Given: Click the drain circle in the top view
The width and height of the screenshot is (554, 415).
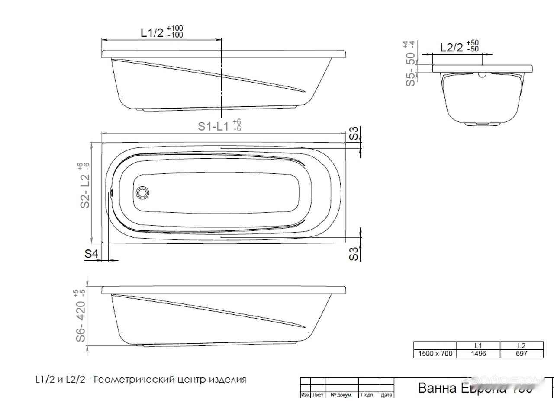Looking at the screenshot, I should [142, 193].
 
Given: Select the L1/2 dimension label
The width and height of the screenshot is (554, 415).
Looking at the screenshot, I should [152, 33].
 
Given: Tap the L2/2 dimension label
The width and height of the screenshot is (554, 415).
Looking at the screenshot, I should [451, 47].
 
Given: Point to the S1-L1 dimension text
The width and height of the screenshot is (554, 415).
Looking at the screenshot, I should [213, 126].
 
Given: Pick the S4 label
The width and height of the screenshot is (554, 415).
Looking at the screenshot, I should [92, 254].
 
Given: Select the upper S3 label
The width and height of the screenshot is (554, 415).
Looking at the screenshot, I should [354, 134].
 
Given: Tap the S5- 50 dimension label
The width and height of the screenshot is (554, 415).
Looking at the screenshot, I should [410, 69].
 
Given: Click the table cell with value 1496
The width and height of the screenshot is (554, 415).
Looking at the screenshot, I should [478, 354].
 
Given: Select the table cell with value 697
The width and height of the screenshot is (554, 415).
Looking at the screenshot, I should [522, 354].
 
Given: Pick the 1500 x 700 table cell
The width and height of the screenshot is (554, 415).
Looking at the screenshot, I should [435, 354].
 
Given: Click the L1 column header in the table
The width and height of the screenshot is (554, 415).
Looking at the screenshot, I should [478, 346].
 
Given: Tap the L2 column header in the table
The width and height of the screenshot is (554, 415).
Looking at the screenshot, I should [522, 346].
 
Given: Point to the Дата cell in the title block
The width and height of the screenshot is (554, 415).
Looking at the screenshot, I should [387, 395].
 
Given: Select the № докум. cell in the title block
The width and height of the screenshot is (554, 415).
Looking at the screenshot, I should [341, 395].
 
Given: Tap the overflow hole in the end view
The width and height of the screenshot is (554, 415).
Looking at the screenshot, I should [482, 75].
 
